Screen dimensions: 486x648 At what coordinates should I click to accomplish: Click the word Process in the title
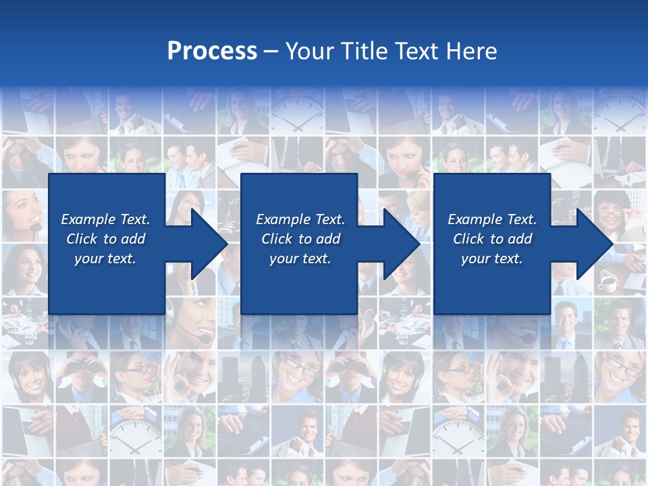[212, 51]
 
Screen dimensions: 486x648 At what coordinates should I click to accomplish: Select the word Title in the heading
[367, 51]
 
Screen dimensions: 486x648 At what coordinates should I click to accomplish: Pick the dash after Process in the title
[271, 52]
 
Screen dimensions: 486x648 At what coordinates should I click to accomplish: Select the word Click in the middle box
[277, 239]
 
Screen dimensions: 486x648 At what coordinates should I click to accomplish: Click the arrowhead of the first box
[209, 244]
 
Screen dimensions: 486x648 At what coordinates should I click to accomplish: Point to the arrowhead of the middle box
[402, 244]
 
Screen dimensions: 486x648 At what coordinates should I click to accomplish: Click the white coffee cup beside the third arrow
[607, 283]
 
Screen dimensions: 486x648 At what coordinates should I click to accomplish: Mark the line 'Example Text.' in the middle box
[300, 219]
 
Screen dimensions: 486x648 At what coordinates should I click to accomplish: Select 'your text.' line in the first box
[105, 259]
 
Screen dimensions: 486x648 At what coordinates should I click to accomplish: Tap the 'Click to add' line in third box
[493, 239]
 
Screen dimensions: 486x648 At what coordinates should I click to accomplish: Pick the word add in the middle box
[327, 239]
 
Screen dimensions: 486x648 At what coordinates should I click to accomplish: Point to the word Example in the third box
[475, 219]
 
